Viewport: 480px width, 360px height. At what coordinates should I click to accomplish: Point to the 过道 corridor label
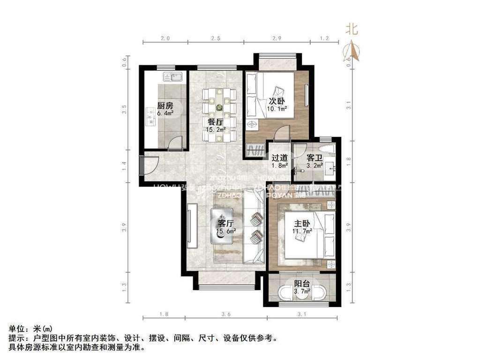tap(279, 158)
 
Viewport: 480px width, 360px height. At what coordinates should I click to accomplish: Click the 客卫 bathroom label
tap(314, 158)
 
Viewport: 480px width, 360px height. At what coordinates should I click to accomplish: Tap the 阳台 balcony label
tap(302, 284)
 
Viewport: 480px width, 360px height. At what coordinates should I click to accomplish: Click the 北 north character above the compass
tap(352, 30)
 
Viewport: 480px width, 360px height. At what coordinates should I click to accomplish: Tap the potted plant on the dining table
tap(219, 107)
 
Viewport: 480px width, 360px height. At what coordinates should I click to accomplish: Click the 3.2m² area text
tap(315, 165)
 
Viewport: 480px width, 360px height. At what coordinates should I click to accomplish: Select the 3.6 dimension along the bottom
tap(226, 314)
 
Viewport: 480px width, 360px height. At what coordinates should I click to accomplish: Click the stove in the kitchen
tap(151, 117)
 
